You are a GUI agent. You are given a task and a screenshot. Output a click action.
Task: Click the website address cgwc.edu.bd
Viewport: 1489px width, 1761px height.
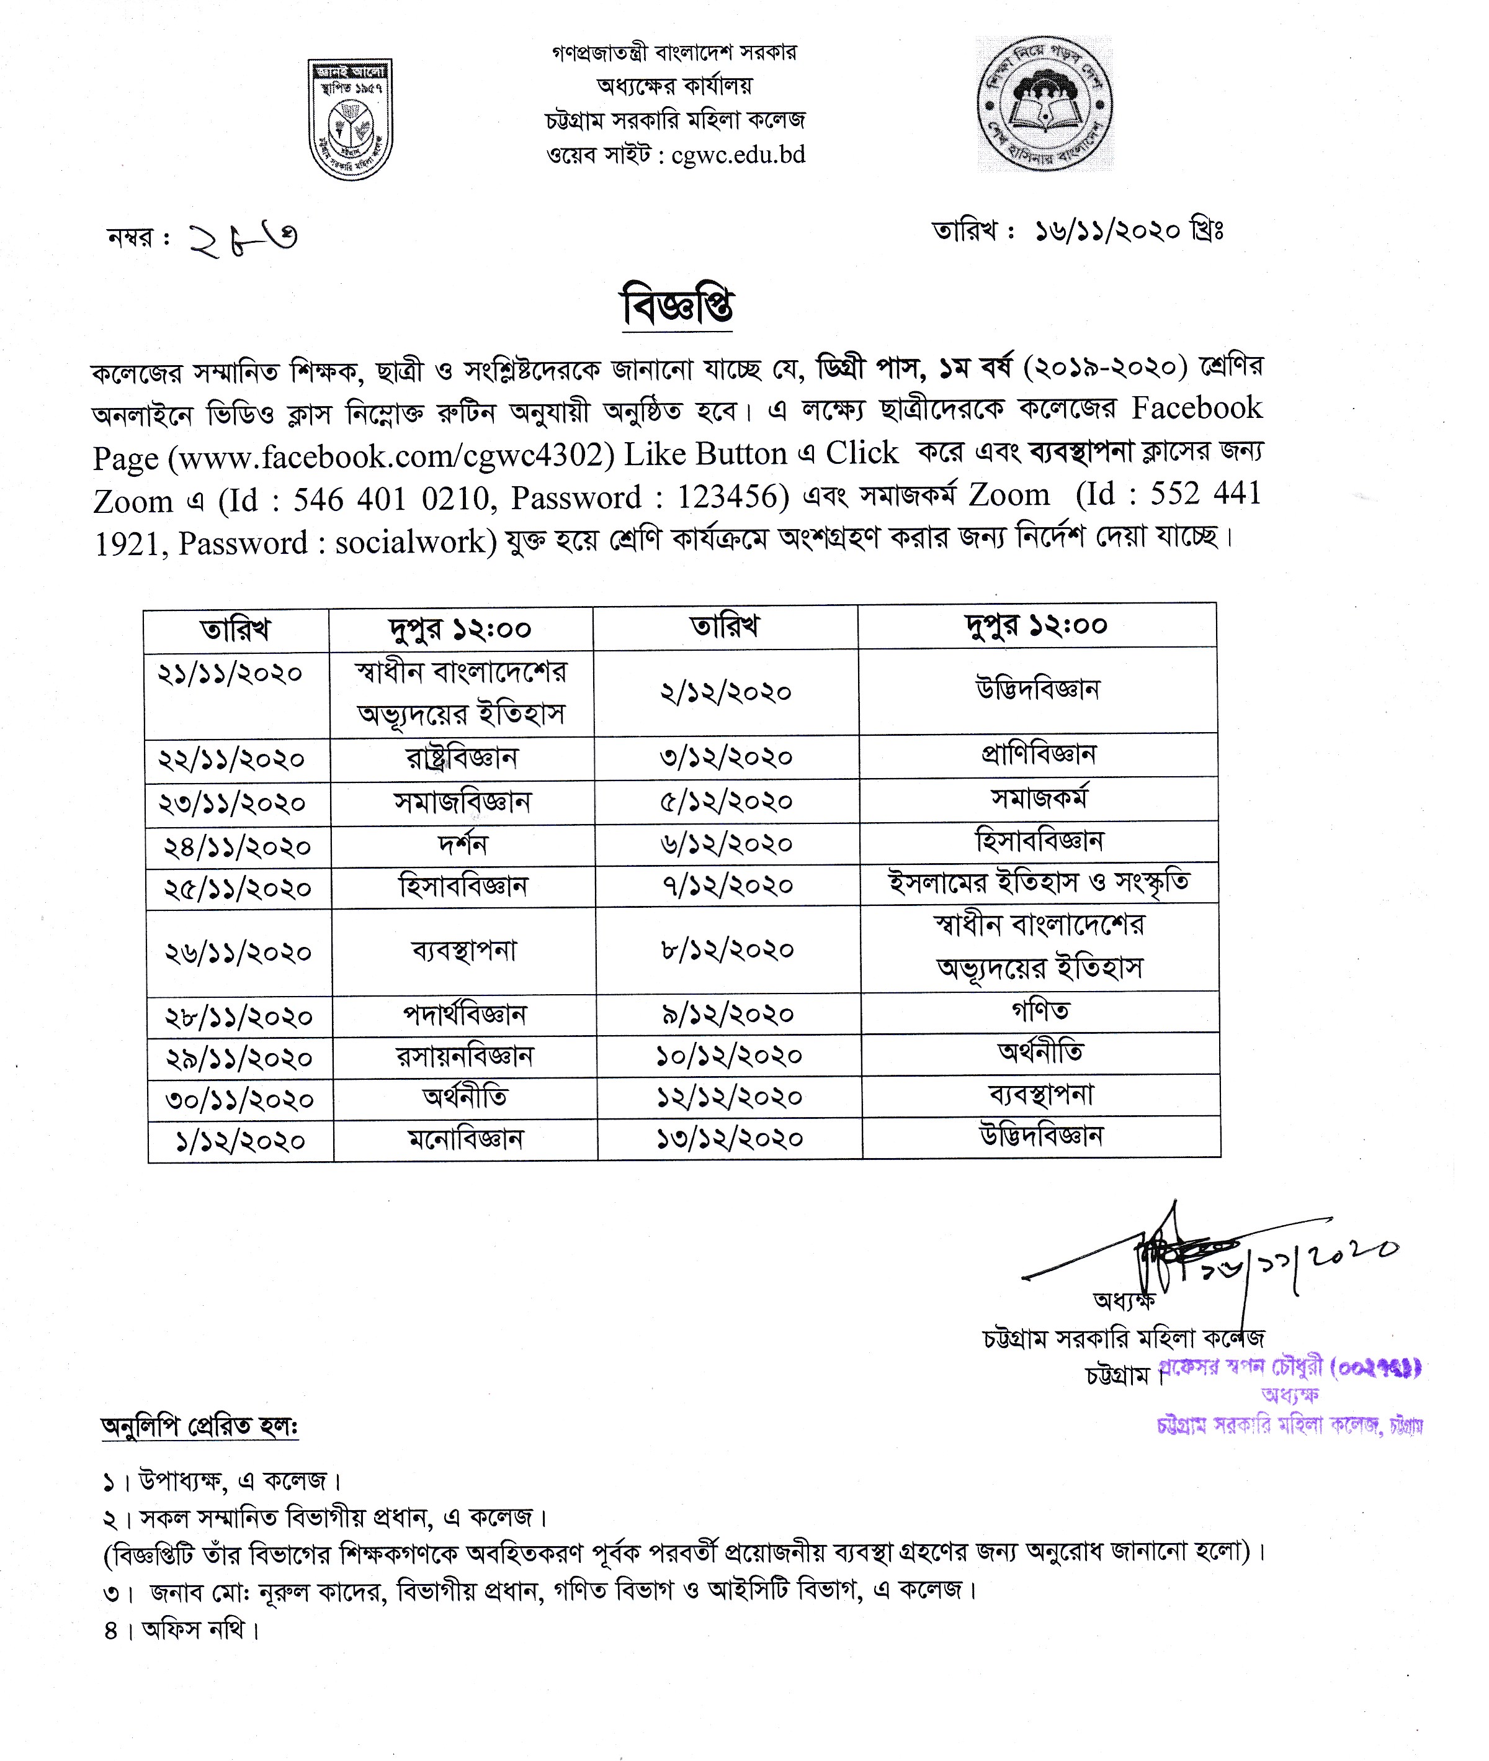738,155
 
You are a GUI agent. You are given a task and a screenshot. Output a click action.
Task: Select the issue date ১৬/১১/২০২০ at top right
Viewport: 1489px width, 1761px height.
1107,230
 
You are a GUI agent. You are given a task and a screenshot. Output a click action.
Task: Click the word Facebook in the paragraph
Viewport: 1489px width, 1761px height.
1196,408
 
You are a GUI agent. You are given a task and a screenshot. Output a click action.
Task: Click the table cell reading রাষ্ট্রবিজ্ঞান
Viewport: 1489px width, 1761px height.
462,758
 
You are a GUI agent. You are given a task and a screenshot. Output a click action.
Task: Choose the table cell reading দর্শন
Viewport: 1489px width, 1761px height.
463,844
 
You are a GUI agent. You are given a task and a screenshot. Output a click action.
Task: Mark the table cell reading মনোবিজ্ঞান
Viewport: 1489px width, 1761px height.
465,1139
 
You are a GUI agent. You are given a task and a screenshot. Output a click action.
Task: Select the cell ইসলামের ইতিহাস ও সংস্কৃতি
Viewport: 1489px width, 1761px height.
1039,882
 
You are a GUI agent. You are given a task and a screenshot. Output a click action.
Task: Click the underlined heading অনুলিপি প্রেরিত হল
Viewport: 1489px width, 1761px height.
199,1426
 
